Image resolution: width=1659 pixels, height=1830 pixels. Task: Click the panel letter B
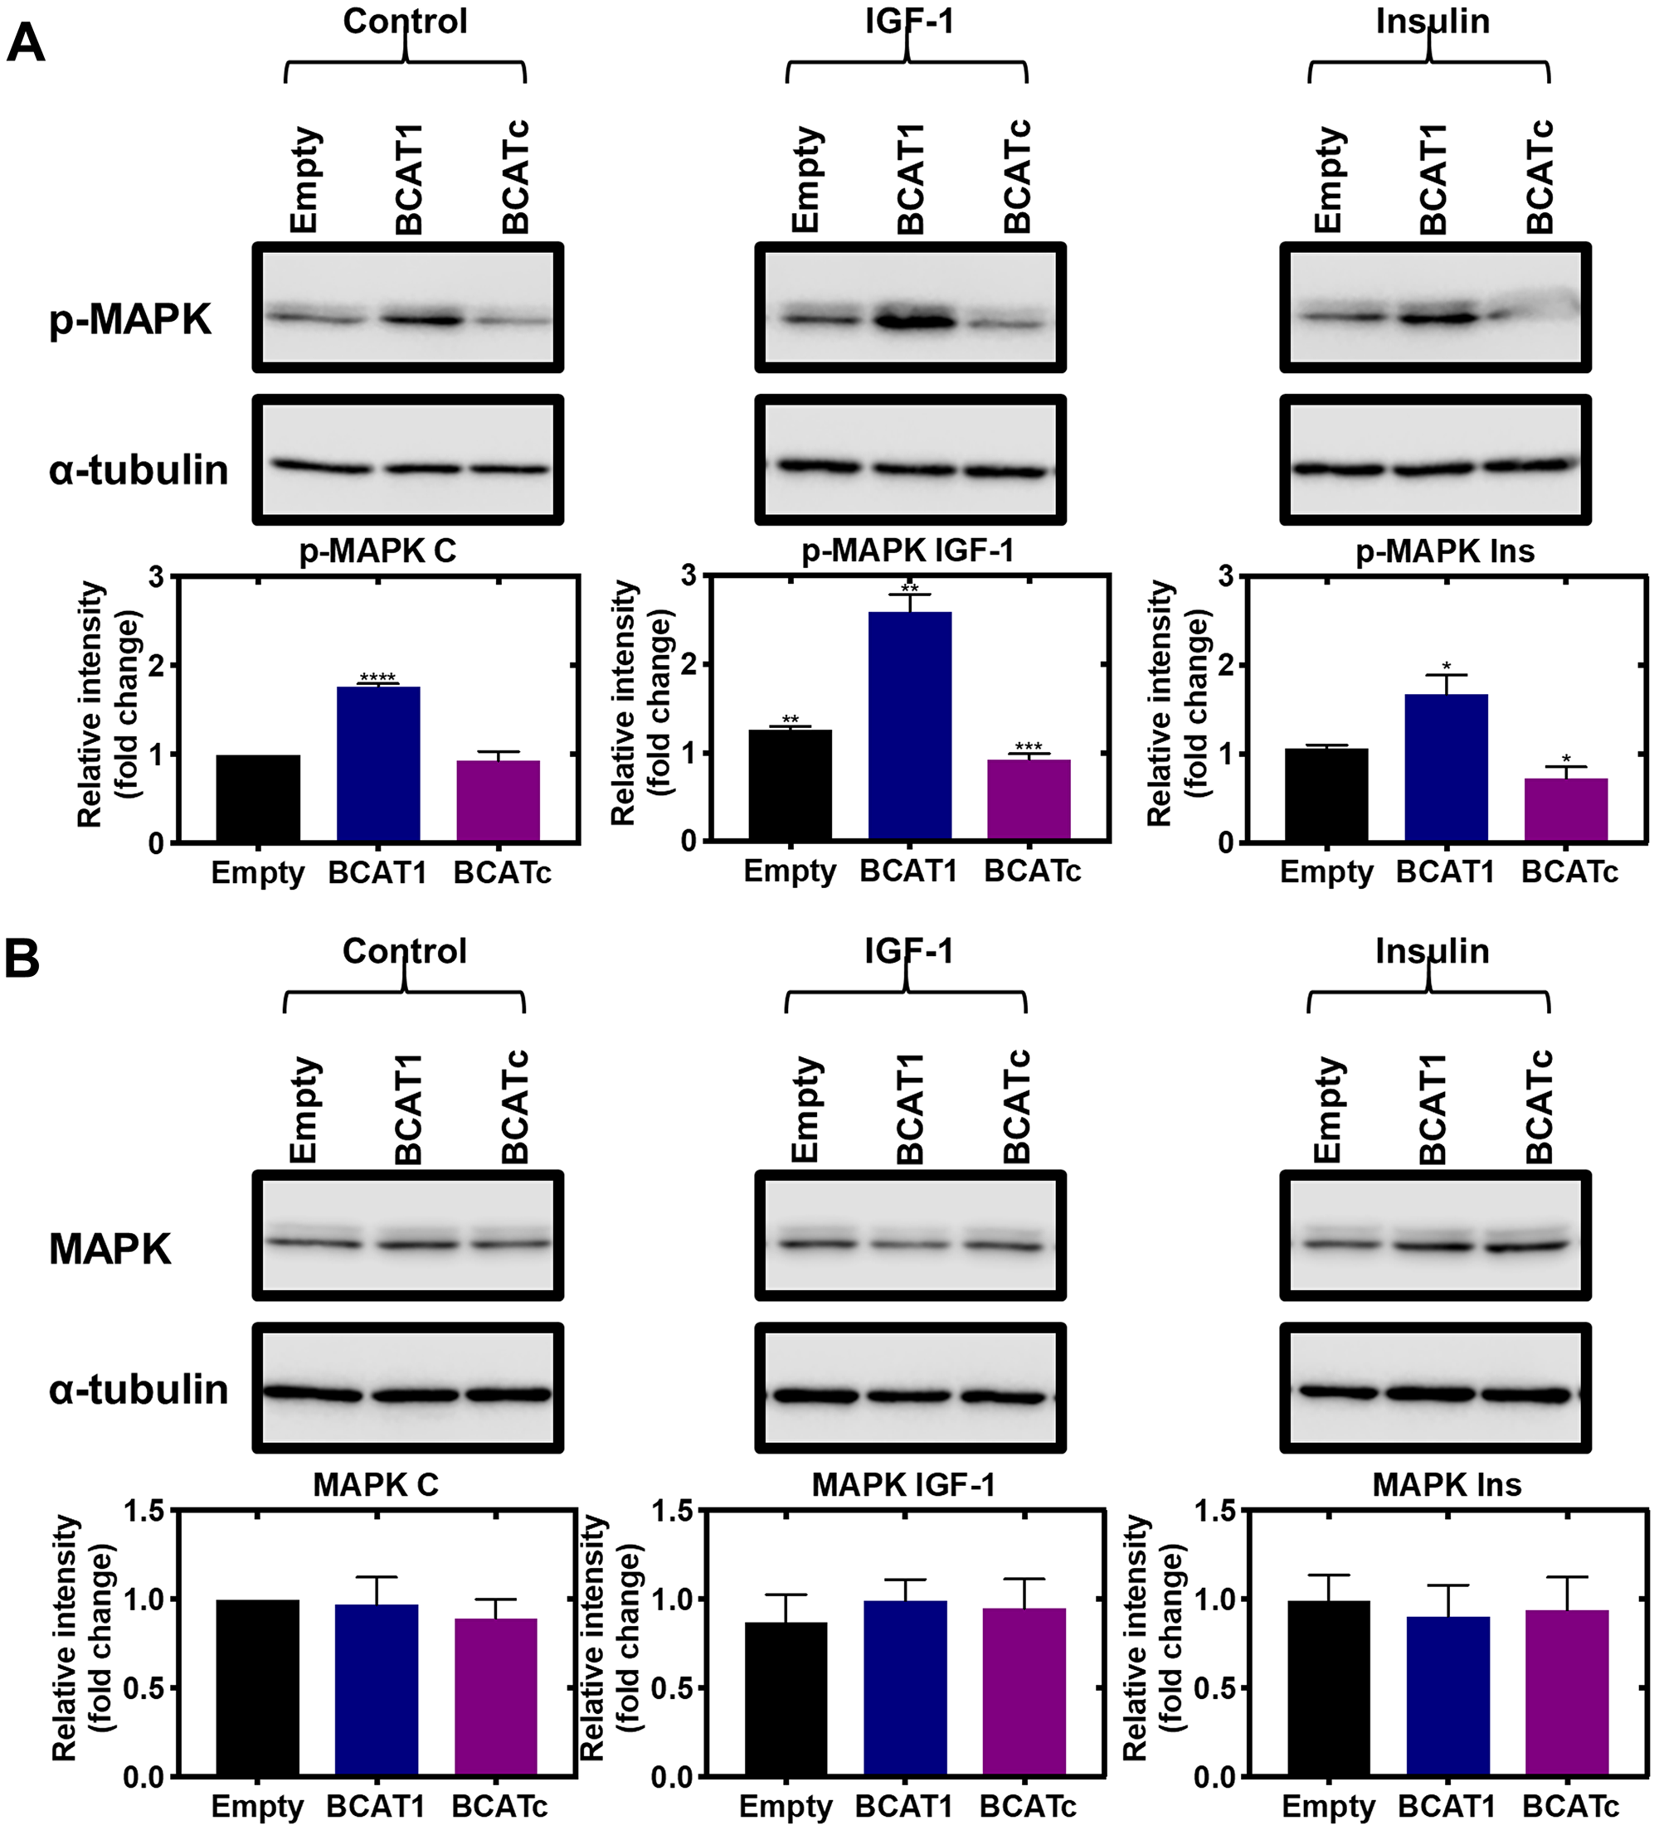pyautogui.click(x=22, y=958)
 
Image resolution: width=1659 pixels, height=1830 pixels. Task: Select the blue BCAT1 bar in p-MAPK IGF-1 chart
pyautogui.click(x=910, y=726)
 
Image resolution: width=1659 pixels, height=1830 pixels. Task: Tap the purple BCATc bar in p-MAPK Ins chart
pyautogui.click(x=1565, y=810)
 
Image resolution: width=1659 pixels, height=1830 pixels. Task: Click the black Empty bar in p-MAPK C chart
pyautogui.click(x=258, y=798)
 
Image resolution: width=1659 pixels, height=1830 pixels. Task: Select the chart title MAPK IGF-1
pyautogui.click(x=903, y=1484)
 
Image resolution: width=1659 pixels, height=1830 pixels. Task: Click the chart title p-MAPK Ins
pyautogui.click(x=1445, y=551)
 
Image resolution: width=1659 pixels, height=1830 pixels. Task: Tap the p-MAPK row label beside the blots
pyautogui.click(x=130, y=319)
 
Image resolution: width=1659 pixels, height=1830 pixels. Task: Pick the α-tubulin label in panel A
pyautogui.click(x=138, y=470)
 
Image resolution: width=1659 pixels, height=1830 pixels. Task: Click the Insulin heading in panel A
pyautogui.click(x=1432, y=21)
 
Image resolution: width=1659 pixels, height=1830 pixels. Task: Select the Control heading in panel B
pyautogui.click(x=404, y=950)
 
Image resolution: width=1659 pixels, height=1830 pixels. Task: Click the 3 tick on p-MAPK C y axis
pyautogui.click(x=157, y=576)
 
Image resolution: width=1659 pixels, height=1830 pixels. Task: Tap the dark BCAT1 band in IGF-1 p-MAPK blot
pyautogui.click(x=913, y=319)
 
